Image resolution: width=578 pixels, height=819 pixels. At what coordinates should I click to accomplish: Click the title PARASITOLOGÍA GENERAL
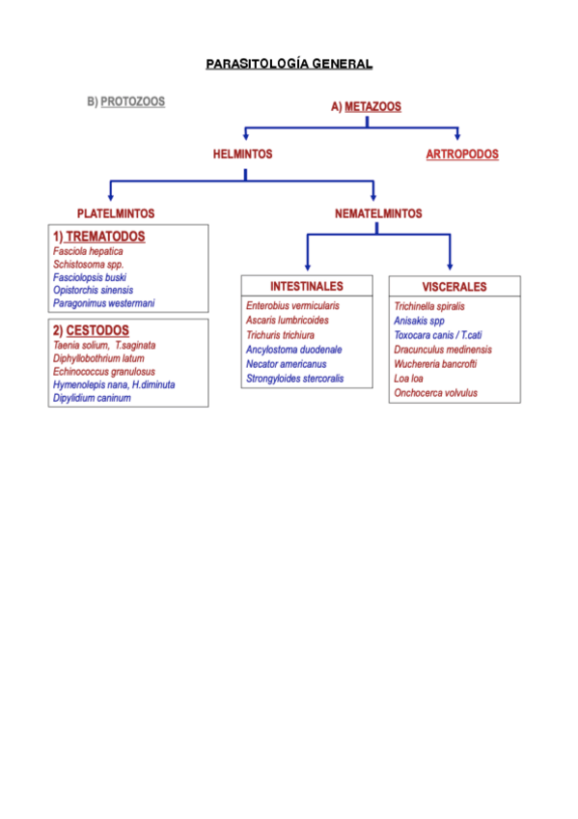(x=289, y=64)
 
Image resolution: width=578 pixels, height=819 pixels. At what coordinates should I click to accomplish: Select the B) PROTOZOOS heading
(x=125, y=101)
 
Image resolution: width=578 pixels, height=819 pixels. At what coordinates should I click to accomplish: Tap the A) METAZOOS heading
(x=366, y=107)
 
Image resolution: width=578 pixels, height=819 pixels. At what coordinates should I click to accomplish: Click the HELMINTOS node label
(x=242, y=154)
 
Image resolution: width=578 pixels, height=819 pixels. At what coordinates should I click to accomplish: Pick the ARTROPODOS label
(x=462, y=155)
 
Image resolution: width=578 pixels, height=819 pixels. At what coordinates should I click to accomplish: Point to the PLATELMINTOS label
(x=116, y=213)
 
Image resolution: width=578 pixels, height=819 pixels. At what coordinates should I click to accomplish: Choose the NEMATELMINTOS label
(x=377, y=213)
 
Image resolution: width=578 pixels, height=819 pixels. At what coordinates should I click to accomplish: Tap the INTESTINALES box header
(x=306, y=287)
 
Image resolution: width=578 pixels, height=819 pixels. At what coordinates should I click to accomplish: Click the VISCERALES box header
(x=454, y=287)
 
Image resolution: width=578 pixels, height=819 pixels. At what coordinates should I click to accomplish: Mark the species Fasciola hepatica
(x=88, y=251)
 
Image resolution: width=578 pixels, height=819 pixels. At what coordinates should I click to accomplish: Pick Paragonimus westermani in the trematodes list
(x=103, y=303)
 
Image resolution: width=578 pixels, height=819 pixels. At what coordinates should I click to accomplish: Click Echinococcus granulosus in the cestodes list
(x=103, y=371)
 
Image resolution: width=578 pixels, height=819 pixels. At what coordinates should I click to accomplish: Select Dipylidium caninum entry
(x=92, y=397)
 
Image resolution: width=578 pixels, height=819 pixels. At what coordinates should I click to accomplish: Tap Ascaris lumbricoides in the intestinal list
(x=287, y=320)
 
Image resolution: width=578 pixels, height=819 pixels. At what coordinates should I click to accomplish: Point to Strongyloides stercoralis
(x=294, y=379)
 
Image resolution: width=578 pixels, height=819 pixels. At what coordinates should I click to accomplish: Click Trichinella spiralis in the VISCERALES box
(x=428, y=306)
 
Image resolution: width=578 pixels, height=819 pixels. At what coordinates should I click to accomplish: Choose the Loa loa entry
(x=408, y=379)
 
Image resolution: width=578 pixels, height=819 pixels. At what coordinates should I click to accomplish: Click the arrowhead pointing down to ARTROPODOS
(x=457, y=137)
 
